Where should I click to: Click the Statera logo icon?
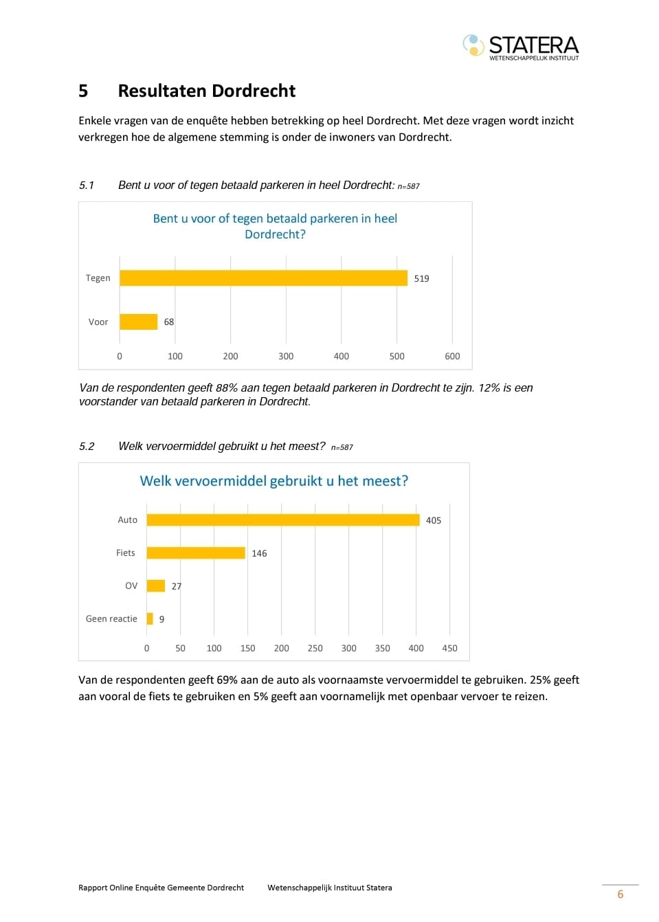pos(473,45)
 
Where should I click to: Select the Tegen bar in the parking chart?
pos(263,278)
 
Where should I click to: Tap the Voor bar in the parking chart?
pos(139,322)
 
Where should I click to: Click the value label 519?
pos(421,279)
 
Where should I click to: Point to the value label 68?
pos(169,322)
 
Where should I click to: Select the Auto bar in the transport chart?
pos(283,520)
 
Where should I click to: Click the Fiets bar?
pos(196,553)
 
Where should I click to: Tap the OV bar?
pos(156,586)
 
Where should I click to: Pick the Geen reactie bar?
pos(150,618)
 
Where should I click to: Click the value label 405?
pos(434,521)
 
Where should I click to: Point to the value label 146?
pos(259,554)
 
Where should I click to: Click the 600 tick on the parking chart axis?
pos(452,357)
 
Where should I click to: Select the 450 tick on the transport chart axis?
pos(450,649)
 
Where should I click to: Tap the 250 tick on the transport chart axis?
pos(315,649)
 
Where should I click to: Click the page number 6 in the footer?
pos(621,894)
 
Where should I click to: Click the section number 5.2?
pos(87,447)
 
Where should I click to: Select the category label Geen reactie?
pos(111,618)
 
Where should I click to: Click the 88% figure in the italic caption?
pos(227,387)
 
